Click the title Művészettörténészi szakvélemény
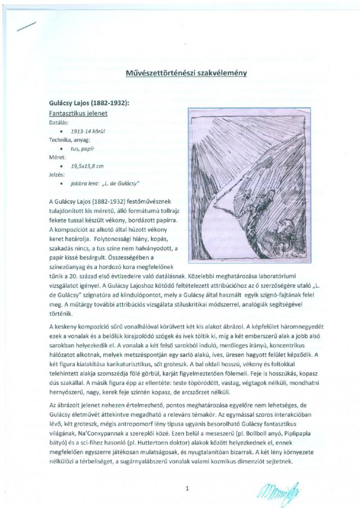click(186, 74)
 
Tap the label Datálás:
click(59, 123)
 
